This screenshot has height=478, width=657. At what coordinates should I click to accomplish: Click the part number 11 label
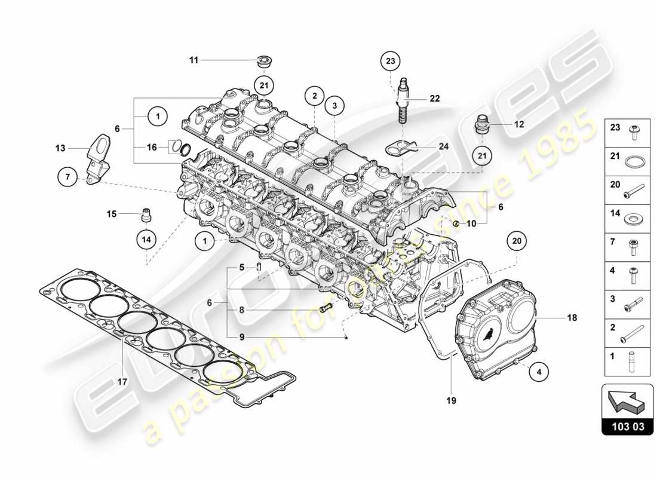[x=194, y=60]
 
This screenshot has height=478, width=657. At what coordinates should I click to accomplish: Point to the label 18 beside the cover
[x=572, y=318]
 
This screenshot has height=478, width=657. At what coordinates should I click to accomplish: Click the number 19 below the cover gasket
[x=451, y=400]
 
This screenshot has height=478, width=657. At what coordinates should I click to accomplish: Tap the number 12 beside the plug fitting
[x=518, y=124]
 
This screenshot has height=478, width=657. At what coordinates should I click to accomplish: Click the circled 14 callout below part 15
[x=146, y=240]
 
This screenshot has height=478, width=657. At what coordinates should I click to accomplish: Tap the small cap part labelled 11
[x=263, y=60]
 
